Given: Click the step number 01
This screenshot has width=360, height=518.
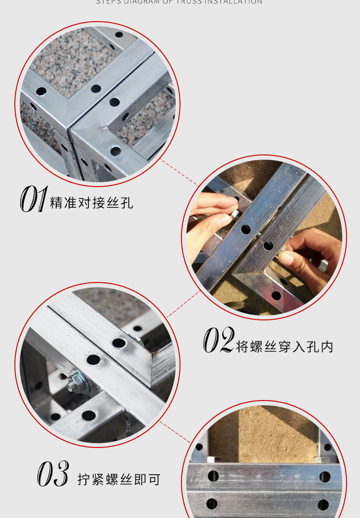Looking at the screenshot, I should (33, 200).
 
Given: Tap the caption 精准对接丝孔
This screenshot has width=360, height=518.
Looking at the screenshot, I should (91, 203).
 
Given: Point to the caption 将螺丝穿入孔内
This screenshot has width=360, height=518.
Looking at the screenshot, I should (284, 346).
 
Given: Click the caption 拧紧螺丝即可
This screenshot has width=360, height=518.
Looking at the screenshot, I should (119, 479).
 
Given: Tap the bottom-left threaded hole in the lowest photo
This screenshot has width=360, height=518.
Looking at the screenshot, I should (212, 504).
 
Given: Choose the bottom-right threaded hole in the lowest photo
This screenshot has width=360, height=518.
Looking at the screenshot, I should (323, 505).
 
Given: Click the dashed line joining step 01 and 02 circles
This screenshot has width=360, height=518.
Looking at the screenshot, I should (180, 172).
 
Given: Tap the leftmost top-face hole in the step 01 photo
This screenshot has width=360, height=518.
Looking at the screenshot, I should (41, 91).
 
